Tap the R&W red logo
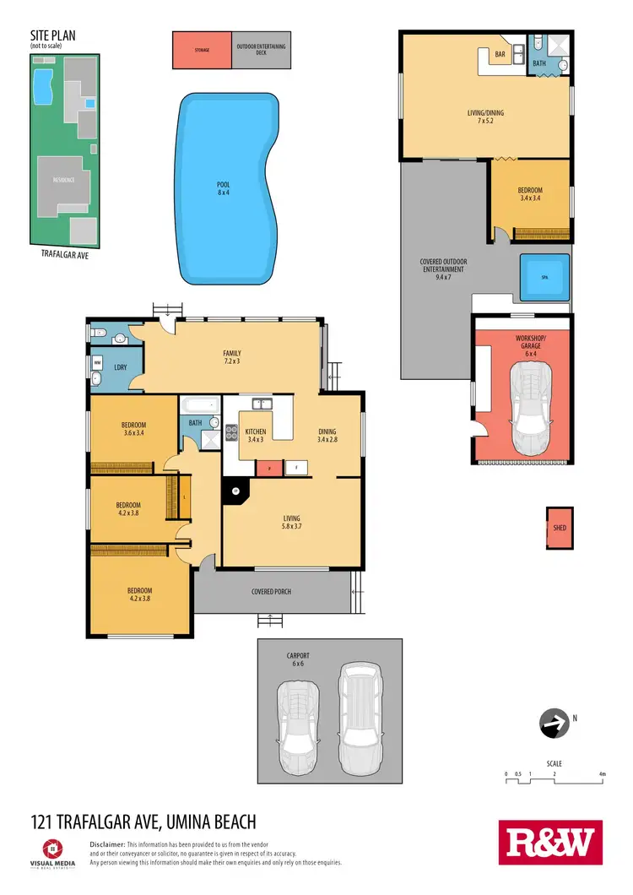pos(551,842)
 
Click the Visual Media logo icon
pos(51,847)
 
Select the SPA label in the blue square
pos(544,276)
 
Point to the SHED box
pos(560,528)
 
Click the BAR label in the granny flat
pos(500,54)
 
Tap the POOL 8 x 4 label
pos(223,188)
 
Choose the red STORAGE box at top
pos(201,50)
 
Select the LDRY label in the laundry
pos(120,368)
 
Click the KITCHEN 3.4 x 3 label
pos(256,435)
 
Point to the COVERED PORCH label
pos(271,591)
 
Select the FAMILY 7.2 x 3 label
pos(232,357)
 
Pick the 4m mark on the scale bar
pos(602,773)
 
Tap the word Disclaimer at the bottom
pos(107,844)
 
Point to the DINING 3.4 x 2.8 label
pos(327,434)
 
